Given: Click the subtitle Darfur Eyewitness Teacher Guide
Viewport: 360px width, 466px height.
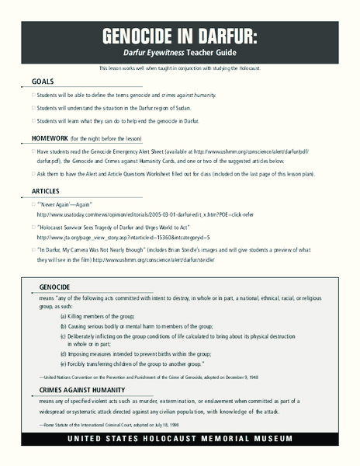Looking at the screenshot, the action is point(179,55).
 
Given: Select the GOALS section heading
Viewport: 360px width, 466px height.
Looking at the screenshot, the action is point(43,82).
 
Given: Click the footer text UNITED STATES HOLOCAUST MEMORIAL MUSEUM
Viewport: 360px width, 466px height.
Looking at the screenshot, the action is point(179,439).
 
